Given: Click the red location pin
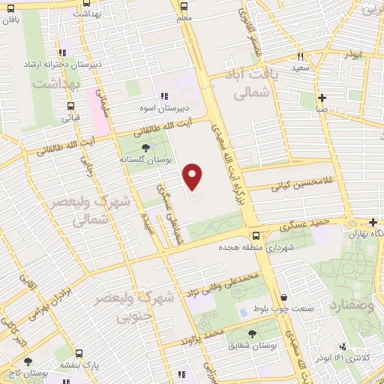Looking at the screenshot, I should [x=193, y=177].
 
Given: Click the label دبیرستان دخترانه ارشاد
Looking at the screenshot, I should [x=63, y=65].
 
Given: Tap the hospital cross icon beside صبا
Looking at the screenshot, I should [x=321, y=97].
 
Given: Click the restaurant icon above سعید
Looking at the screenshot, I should [x=299, y=56].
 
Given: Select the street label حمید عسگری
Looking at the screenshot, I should [x=304, y=222].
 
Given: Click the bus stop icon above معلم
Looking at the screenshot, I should [x=184, y=5].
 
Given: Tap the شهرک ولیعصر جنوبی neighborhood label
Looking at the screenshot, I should [x=146, y=307].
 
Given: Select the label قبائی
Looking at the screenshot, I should [x=70, y=117].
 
